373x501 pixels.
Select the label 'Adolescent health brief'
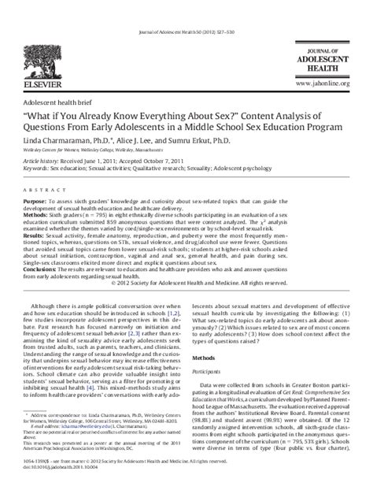click(57, 102)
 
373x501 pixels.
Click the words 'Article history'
click(41, 160)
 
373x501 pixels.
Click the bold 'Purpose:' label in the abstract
click(37, 202)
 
